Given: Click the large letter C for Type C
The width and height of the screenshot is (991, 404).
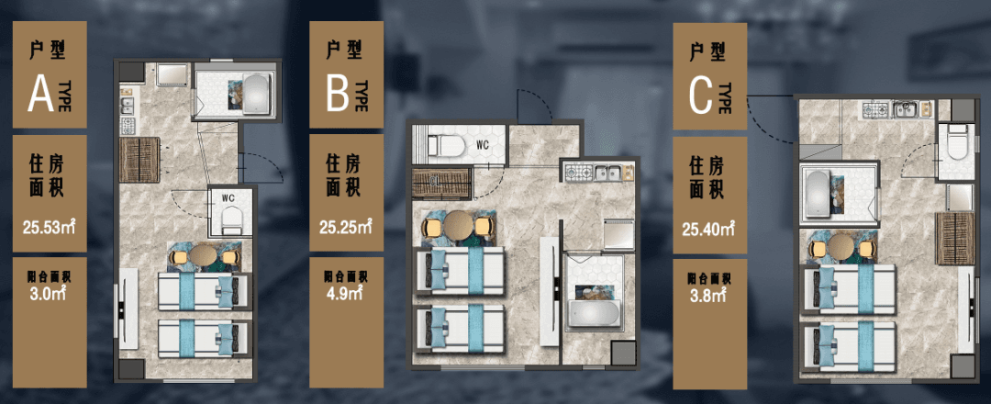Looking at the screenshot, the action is [x=702, y=96].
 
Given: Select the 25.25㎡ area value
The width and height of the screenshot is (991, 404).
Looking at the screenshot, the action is [x=345, y=227].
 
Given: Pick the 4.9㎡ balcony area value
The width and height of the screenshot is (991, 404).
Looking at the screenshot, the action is [x=345, y=293].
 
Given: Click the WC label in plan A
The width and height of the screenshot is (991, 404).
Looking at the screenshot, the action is [x=228, y=197].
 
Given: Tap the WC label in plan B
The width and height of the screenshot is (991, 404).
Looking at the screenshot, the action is [x=483, y=144].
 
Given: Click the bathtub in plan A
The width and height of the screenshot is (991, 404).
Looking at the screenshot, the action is [x=257, y=95].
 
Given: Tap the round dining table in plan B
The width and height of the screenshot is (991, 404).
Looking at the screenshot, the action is [x=459, y=225].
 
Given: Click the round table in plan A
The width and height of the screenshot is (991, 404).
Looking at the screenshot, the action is [x=204, y=256].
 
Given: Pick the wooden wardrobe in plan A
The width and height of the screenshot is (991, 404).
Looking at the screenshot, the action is [x=139, y=160].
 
